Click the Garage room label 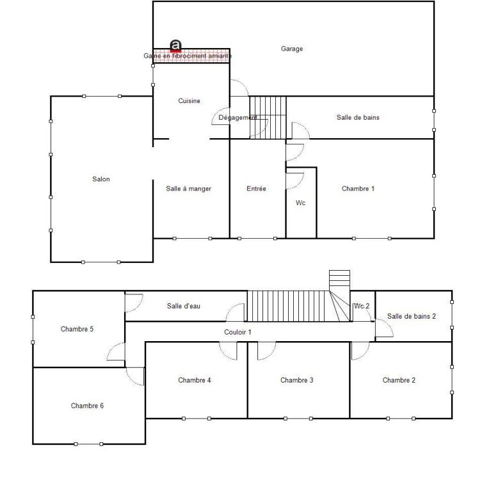(x=292, y=49)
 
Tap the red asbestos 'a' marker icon (x=175, y=46)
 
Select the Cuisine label (x=189, y=100)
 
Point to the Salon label (x=101, y=179)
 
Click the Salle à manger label (x=188, y=189)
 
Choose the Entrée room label (x=256, y=189)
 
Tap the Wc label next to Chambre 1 (x=300, y=203)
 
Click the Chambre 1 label (x=358, y=189)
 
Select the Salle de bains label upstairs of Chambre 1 (x=358, y=117)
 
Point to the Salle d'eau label (x=183, y=306)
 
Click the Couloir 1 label (x=237, y=332)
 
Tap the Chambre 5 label (x=77, y=329)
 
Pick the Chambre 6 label (x=87, y=406)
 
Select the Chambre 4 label (x=195, y=380)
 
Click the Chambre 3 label (x=296, y=380)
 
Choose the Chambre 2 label (x=399, y=380)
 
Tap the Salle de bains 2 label (x=412, y=316)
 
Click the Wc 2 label (x=362, y=306)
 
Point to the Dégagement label (x=237, y=117)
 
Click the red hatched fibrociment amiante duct (x=191, y=56)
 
